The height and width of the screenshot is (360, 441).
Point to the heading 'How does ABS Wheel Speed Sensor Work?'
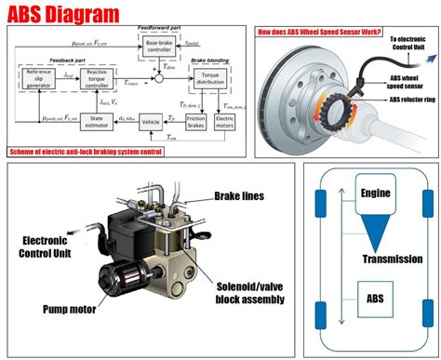321,34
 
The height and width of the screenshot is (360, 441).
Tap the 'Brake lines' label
238,196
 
